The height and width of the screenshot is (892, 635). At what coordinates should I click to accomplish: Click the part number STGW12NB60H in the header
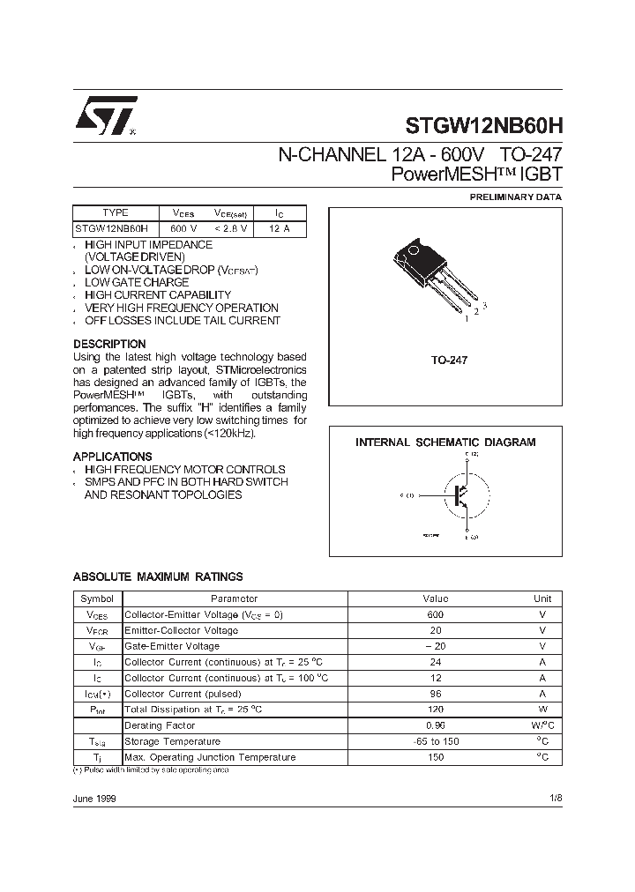tap(483, 126)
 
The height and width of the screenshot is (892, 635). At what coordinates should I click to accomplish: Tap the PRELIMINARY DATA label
tap(515, 197)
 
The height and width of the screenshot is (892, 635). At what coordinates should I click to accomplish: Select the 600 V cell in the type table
tap(183, 228)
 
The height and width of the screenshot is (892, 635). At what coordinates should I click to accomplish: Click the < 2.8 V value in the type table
tap(230, 228)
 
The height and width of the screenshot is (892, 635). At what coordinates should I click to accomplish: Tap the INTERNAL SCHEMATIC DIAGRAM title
tap(444, 442)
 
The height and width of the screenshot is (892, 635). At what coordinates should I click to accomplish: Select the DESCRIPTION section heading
tap(109, 344)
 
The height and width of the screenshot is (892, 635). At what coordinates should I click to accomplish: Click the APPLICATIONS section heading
tap(112, 457)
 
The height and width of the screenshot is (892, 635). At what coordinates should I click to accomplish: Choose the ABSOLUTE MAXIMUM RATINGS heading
tap(157, 576)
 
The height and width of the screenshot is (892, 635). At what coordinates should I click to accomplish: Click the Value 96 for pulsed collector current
tap(435, 694)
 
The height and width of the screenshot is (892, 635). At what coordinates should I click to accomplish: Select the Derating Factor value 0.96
tap(435, 725)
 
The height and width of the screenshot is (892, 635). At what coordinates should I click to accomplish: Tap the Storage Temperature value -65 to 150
tap(435, 741)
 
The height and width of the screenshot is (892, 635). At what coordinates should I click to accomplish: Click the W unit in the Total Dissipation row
tap(543, 710)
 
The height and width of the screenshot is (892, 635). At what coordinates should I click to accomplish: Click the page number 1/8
tap(555, 798)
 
